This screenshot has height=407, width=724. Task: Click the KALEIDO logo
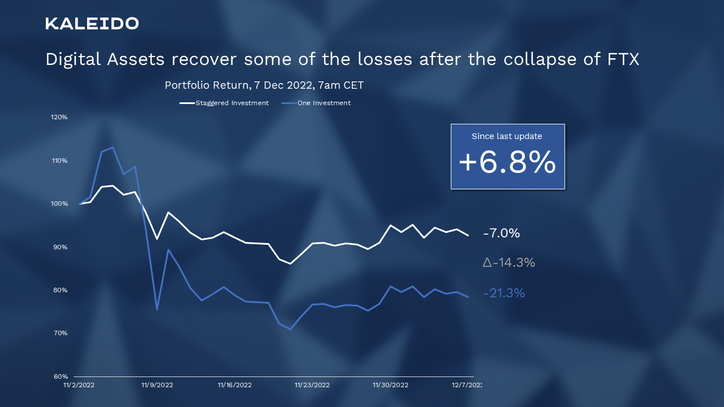(92, 23)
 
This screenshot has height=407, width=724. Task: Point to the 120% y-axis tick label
(59, 117)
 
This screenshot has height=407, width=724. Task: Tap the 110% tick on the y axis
(59, 161)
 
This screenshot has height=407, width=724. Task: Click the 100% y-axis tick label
(59, 203)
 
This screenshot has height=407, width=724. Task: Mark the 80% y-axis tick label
(60, 290)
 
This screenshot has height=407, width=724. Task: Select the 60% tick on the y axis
(60, 376)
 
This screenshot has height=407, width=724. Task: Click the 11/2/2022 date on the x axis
(79, 385)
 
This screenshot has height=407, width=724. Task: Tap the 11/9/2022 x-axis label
(157, 385)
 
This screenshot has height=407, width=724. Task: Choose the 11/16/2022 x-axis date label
(235, 385)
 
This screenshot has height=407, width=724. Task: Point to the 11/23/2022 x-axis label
(312, 385)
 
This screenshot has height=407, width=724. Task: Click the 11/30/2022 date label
(390, 385)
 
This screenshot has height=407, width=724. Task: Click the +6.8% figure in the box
(507, 163)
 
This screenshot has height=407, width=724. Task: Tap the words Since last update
(507, 136)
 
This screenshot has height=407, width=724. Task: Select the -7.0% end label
(501, 233)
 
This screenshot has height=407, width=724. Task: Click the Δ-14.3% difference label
(508, 263)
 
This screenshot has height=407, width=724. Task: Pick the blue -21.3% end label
(504, 293)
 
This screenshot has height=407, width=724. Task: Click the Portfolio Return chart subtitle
(264, 85)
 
